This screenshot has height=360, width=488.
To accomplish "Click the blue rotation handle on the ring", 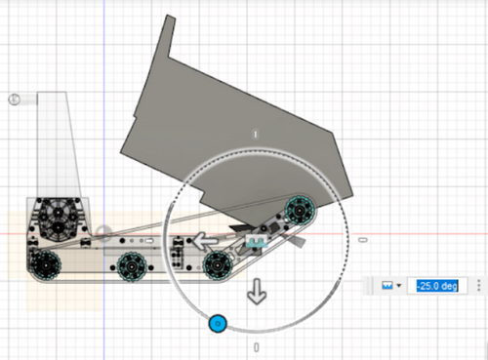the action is click(218, 324).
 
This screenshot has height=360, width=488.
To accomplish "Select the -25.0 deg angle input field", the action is click(437, 286).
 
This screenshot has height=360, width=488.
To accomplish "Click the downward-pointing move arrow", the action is click(257, 292).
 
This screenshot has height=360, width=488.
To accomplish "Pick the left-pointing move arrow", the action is click(205, 241).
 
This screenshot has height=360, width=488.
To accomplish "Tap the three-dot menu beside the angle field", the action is click(478, 286).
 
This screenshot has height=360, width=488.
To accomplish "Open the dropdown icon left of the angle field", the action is click(391, 286).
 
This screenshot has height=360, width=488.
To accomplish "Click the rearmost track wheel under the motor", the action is click(46, 265).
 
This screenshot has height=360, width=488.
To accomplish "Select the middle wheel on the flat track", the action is click(132, 266).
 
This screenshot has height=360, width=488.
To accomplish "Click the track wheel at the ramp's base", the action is click(218, 265).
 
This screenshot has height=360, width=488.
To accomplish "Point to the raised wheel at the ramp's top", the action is click(300, 210).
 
